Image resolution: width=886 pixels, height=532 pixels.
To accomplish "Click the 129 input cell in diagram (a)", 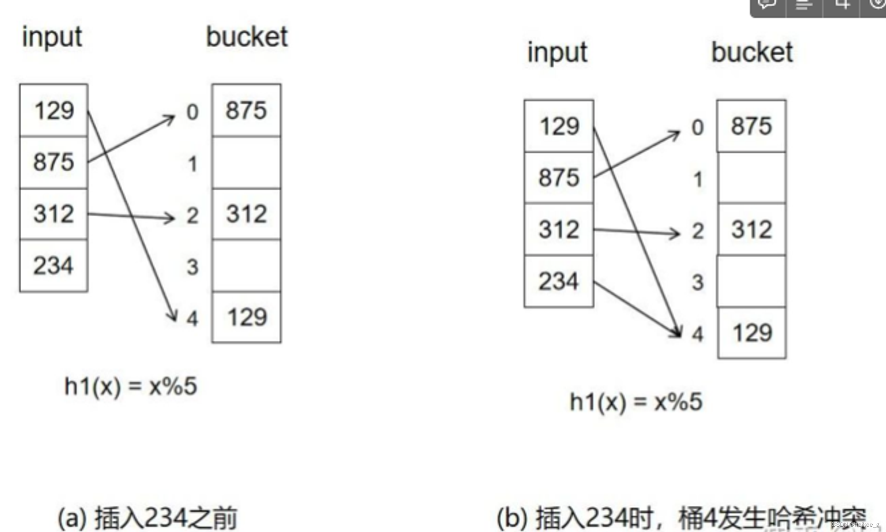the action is click(x=54, y=110).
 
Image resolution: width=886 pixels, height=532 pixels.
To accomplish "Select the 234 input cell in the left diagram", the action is click(x=54, y=266).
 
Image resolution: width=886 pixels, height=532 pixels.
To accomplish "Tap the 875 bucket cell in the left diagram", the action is click(x=246, y=110).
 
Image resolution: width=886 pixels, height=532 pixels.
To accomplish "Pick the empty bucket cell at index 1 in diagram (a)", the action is click(x=246, y=163).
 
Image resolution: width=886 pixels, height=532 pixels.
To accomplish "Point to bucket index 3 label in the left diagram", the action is click(x=192, y=267).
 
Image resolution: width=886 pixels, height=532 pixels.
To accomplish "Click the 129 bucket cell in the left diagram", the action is click(x=246, y=317).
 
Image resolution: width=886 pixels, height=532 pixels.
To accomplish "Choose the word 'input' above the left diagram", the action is click(x=52, y=37).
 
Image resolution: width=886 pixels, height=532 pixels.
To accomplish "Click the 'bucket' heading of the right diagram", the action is click(x=752, y=53).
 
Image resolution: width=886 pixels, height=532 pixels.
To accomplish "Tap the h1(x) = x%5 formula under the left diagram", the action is click(x=131, y=386).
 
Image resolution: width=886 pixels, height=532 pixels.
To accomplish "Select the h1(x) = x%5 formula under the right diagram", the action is click(x=636, y=402).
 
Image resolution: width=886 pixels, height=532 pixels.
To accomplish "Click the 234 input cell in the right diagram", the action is click(x=559, y=281).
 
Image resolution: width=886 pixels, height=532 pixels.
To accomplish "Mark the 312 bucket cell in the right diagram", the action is click(x=752, y=230).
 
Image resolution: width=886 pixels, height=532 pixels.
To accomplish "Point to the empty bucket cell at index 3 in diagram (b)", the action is click(x=752, y=281).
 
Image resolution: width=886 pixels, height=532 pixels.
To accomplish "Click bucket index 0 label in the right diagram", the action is click(x=698, y=128).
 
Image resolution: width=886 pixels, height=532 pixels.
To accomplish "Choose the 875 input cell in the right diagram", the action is click(x=559, y=178).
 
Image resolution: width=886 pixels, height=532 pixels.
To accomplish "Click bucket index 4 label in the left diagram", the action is click(x=192, y=318).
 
